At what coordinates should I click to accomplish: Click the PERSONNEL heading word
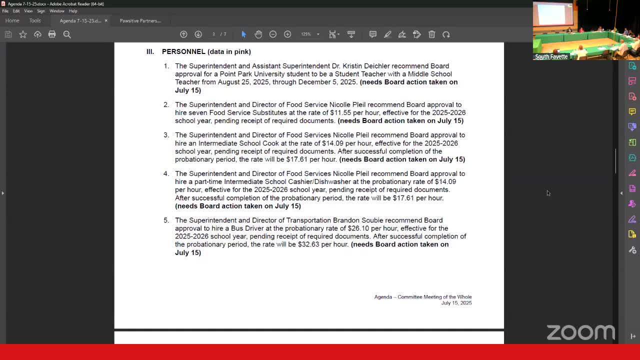point(183,51)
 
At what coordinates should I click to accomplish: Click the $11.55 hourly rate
point(340,112)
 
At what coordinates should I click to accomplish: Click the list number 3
point(166,135)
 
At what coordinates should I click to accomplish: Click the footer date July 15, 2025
point(456,303)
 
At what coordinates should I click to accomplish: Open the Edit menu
point(16,11)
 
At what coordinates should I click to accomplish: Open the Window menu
point(56,11)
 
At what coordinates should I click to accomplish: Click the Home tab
point(12,20)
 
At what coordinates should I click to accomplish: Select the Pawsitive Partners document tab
point(140,20)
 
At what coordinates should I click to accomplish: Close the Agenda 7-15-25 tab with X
point(106,20)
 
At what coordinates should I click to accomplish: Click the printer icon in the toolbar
point(52,34)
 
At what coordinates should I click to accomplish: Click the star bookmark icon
point(23,34)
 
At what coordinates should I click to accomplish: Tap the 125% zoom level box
point(306,34)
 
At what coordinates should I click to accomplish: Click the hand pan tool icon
point(258,34)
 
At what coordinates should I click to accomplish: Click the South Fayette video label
point(551,56)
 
